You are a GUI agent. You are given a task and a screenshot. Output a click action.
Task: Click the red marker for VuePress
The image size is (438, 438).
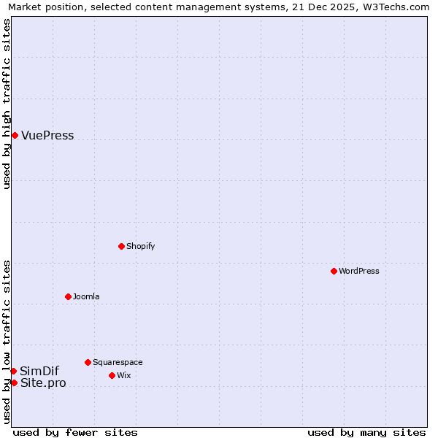[15, 135]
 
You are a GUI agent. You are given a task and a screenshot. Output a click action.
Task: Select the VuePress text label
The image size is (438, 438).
[47, 136]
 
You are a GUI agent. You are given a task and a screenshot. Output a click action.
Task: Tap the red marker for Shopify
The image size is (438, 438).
[121, 246]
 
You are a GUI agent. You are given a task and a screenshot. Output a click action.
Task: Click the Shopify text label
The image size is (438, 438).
[140, 247]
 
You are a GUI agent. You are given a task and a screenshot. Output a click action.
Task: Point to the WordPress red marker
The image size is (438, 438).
[334, 271]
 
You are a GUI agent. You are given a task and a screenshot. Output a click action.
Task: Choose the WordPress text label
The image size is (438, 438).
[358, 272]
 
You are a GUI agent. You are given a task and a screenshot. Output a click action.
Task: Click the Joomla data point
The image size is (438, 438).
[68, 296]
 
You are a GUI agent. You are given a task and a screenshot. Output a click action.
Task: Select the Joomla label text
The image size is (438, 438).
[86, 297]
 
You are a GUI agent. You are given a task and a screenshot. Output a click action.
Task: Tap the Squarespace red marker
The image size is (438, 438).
[88, 362]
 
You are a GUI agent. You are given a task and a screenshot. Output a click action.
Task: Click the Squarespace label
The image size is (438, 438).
[118, 363]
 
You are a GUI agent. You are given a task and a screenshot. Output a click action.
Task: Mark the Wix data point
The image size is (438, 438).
[112, 375]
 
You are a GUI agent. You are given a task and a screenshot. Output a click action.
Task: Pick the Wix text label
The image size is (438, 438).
[123, 376]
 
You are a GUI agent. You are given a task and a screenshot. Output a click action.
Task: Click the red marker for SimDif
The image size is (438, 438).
[13, 371]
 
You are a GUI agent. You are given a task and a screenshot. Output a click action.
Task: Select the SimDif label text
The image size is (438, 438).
[39, 372]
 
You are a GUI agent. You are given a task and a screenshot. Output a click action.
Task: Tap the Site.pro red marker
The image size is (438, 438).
[14, 383]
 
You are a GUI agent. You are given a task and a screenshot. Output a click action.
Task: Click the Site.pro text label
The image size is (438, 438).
[43, 383]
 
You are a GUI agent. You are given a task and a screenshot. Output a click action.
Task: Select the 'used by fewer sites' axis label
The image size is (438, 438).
[75, 432]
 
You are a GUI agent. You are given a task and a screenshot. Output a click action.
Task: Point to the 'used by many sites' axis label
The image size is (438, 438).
[366, 432]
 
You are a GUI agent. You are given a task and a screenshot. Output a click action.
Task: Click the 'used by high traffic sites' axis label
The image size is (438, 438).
[7, 104]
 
